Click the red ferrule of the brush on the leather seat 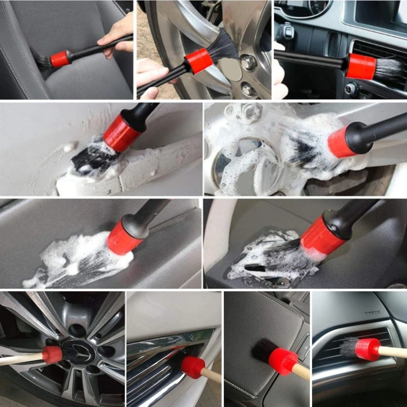(x=60, y=59)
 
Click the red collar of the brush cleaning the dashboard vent (x=360, y=66)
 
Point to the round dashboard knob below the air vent (x=351, y=89)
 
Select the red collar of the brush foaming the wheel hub (x=340, y=142)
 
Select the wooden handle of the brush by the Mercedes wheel (x=20, y=360)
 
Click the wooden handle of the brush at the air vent (x=394, y=352)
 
